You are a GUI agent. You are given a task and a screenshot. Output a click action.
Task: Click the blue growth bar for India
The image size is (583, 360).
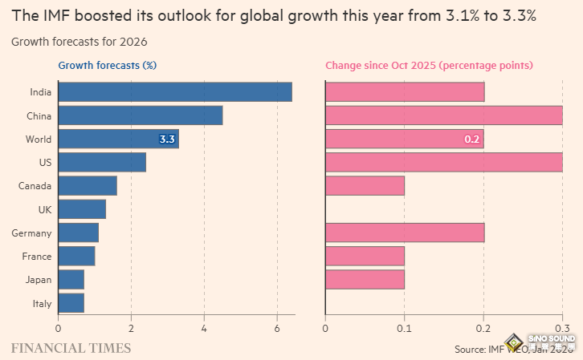175,91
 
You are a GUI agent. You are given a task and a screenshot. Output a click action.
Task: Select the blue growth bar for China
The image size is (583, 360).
141,115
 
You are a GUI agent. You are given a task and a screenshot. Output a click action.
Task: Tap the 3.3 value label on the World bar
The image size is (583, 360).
167,140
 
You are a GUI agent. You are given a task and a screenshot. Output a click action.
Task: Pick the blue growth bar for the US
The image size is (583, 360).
102,163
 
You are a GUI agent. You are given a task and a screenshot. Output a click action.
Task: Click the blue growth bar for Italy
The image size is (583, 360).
71,303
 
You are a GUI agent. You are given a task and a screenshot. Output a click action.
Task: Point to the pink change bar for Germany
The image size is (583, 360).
405,233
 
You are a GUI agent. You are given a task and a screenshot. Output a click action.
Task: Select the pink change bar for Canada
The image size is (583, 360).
365,186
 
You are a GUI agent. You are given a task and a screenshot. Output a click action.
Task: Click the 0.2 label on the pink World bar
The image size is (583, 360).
471,140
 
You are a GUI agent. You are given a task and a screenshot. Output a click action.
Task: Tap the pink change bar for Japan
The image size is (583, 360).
365,280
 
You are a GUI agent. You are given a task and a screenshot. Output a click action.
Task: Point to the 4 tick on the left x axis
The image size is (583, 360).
204,328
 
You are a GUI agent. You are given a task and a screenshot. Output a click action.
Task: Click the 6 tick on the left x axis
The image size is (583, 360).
277,328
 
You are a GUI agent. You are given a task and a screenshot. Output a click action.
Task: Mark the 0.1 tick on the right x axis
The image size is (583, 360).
405,328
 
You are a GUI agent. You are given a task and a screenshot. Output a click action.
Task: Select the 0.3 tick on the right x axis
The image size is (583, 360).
562,328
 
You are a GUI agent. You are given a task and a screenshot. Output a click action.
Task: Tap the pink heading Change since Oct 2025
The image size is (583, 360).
429,66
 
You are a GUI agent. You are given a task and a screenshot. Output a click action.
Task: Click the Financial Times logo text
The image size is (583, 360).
71,348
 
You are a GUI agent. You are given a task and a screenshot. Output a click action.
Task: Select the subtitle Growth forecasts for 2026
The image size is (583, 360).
79,41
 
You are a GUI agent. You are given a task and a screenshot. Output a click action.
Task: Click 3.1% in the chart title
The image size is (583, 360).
462,15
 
